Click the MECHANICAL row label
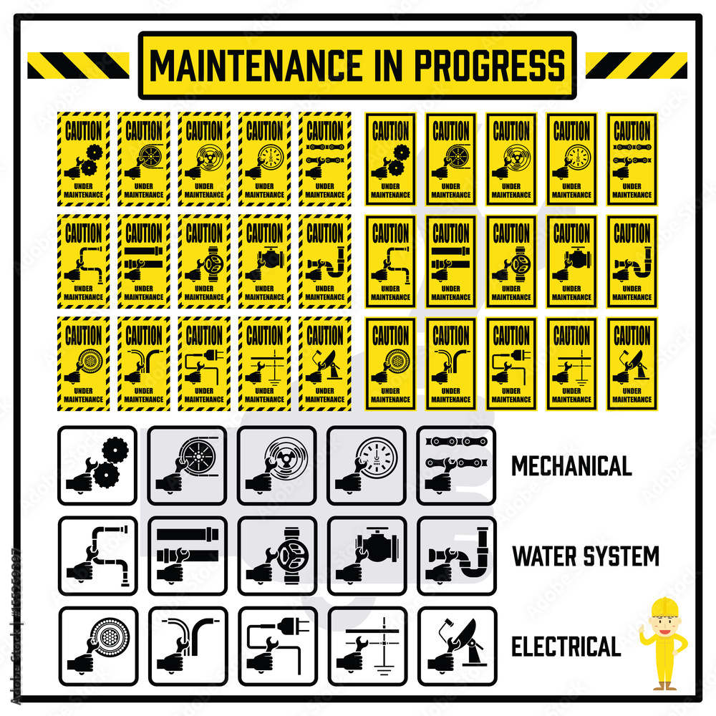(x=571, y=466)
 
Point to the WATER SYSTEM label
(x=586, y=556)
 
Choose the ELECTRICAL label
(x=566, y=647)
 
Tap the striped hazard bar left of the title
(x=78, y=65)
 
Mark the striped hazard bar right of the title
(x=636, y=65)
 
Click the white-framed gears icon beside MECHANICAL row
(x=97, y=465)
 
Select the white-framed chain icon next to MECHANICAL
(x=457, y=465)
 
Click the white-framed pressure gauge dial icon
(x=367, y=465)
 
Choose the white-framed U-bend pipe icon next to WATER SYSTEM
(x=457, y=556)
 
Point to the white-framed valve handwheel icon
(x=277, y=556)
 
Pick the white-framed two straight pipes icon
(x=187, y=556)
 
